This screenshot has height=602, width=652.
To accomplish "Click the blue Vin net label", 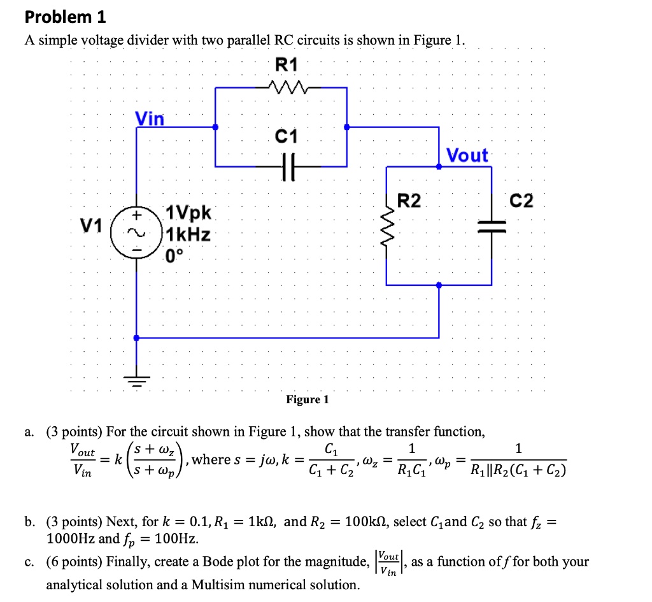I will (x=150, y=118).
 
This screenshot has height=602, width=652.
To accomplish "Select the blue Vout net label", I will (x=467, y=155).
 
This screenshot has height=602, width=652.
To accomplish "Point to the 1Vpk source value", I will (x=190, y=213).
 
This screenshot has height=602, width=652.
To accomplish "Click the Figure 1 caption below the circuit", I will (x=308, y=399).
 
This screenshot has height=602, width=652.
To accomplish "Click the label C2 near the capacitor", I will (x=521, y=201).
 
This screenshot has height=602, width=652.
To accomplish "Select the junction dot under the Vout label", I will (x=439, y=166).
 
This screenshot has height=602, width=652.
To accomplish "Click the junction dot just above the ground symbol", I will (x=134, y=338).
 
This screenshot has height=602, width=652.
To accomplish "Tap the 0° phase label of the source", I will (x=173, y=257).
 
